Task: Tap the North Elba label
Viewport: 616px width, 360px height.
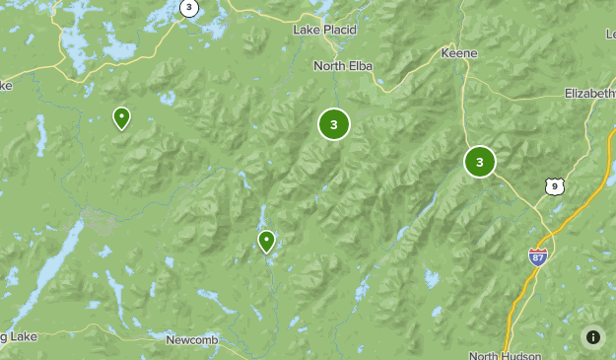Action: tap(341, 66)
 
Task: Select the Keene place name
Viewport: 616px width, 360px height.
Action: tap(459, 52)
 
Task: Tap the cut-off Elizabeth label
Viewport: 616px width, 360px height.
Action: tap(589, 93)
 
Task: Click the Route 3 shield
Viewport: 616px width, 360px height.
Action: tap(188, 8)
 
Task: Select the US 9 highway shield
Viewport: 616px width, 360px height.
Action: tap(556, 184)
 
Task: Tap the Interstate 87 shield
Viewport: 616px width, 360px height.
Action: tap(537, 256)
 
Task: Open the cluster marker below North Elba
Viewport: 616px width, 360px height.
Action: tap(334, 124)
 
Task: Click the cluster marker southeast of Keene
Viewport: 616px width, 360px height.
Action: tap(480, 161)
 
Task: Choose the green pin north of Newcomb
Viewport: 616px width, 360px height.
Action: tap(266, 240)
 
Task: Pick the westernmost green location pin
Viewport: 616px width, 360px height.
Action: tap(121, 117)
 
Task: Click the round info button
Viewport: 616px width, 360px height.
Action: tap(593, 336)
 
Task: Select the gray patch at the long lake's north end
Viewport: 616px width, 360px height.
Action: tap(98, 218)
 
